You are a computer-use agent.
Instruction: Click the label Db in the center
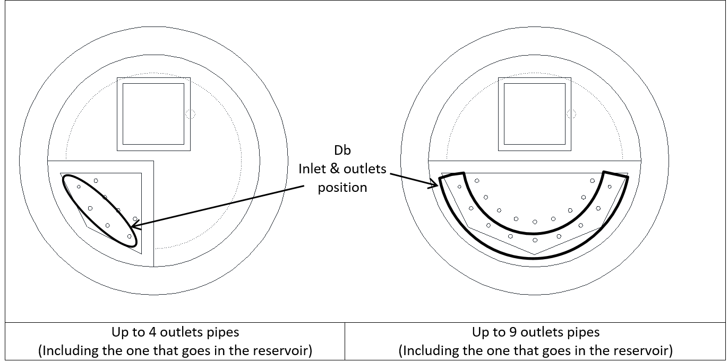(342, 152)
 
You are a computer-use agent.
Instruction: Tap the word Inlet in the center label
(313, 170)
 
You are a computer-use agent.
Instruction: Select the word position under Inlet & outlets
(342, 188)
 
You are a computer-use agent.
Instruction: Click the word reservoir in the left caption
(284, 350)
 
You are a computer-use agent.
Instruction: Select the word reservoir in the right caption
(645, 350)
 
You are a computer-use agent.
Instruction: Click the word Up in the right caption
(480, 332)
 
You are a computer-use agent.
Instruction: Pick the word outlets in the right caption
(540, 332)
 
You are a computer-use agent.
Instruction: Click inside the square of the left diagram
(153, 114)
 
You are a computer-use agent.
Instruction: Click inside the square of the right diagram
(535, 114)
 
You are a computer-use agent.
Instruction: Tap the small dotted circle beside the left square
(191, 114)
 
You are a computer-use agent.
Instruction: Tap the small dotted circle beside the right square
(571, 114)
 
